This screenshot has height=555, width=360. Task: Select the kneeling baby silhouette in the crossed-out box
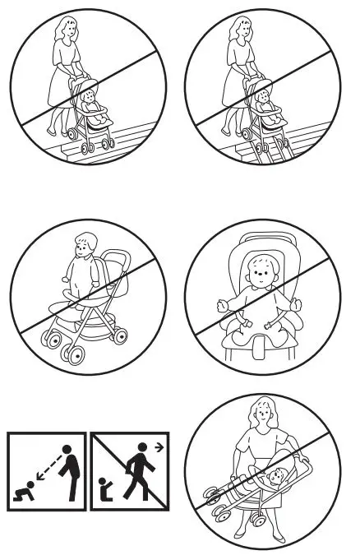pos(104,491)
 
